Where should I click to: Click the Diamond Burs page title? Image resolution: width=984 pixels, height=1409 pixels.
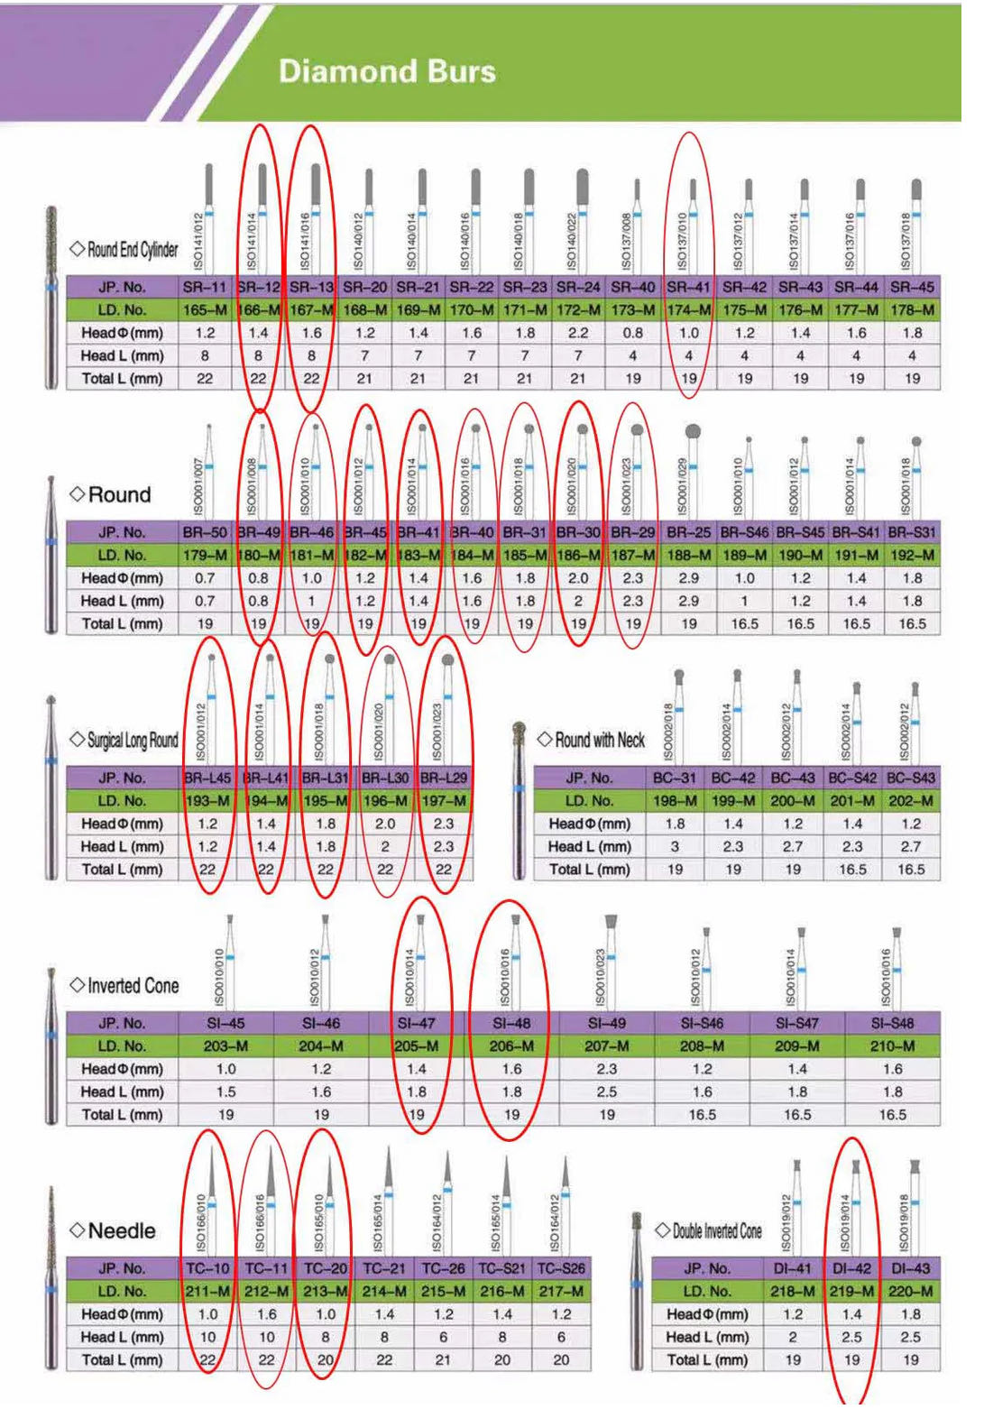tap(387, 71)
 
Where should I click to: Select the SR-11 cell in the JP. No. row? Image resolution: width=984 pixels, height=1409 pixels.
tap(205, 288)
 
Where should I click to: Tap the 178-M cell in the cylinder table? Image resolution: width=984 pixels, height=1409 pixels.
tap(912, 310)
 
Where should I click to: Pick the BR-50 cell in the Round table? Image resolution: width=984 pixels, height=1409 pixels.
tap(205, 533)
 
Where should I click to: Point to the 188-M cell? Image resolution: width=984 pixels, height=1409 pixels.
tap(689, 556)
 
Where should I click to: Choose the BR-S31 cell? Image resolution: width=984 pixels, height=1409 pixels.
tap(912, 533)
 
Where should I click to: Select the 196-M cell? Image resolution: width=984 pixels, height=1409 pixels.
tap(385, 801)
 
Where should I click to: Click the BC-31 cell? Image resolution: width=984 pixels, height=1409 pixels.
tap(675, 778)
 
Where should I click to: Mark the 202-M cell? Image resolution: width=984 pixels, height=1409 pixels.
tap(911, 801)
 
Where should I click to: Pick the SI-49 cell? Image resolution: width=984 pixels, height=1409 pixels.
tap(607, 1024)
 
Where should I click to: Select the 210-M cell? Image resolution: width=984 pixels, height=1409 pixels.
tap(892, 1046)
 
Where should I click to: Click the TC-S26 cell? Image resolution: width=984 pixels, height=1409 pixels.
tap(561, 1269)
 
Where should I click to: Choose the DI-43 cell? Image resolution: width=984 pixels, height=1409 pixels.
tap(911, 1269)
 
